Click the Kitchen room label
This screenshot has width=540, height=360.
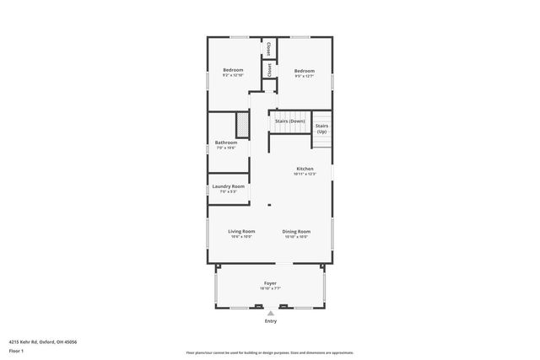(305, 169)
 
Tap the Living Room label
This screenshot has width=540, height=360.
(241, 231)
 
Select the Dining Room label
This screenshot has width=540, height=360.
(296, 231)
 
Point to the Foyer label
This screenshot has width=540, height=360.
(270, 283)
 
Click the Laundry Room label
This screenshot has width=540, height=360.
(229, 186)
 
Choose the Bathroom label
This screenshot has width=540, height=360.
(225, 142)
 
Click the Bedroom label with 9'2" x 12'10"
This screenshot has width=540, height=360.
(233, 69)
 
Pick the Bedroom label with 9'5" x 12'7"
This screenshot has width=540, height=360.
(304, 71)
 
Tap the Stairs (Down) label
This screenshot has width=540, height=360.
(289, 121)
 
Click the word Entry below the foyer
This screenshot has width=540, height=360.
(271, 321)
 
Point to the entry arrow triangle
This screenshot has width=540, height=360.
(271, 313)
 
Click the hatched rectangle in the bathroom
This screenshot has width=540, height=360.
(241, 126)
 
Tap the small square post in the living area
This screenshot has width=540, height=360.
(269, 205)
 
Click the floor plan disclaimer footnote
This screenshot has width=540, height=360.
(270, 352)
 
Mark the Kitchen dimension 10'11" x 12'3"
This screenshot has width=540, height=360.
(305, 175)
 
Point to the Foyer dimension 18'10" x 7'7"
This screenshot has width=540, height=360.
(270, 288)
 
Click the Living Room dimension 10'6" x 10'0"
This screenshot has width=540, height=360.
(241, 236)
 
